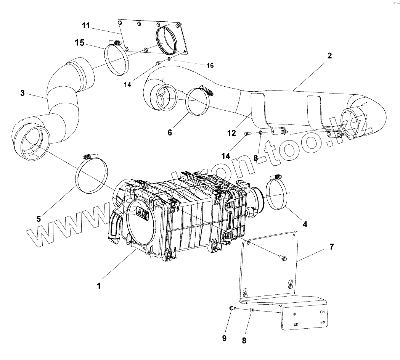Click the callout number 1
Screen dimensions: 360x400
pos(99,286)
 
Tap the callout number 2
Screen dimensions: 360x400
pos(329,56)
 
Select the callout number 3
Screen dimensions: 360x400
pos(22,93)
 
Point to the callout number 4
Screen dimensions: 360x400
pos(305,224)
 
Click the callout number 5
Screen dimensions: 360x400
pos(39,219)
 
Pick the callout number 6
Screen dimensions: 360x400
pos(170,132)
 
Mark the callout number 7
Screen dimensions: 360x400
pos(331,247)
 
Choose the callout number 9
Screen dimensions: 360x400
pos(224,338)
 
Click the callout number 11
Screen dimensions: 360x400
pos(86,26)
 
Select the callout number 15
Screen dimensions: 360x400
pos(79,42)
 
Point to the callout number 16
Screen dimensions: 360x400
pos(210,65)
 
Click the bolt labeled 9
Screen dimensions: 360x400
pos(231,308)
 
